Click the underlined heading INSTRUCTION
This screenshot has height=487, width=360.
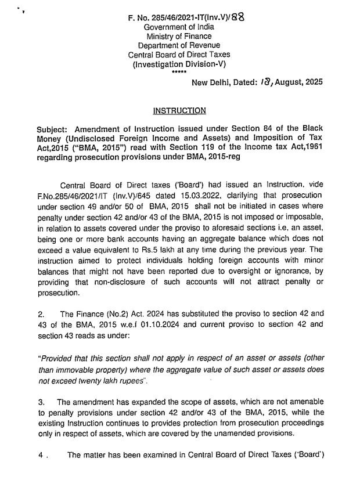(x=179, y=110)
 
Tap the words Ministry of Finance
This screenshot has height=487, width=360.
(x=179, y=36)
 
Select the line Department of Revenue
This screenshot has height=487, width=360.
(x=179, y=45)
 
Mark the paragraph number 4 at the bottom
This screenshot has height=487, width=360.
(x=41, y=456)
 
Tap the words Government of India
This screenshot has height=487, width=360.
(x=179, y=27)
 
